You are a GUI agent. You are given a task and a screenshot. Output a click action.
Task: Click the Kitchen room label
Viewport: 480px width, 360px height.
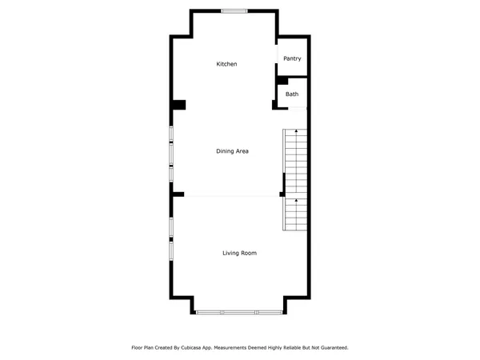226,64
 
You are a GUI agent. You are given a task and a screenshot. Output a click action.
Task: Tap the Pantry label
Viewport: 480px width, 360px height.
292,58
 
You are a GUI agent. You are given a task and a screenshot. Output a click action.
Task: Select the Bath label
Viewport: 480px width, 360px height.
292,94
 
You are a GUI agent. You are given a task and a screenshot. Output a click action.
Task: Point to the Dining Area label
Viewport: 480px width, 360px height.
232,150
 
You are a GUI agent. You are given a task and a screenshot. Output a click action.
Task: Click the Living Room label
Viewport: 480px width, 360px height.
239,253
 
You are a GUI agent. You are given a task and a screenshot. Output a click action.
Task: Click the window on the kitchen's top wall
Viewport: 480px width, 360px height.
234,10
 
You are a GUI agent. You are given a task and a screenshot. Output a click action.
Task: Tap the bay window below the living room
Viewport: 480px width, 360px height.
238,312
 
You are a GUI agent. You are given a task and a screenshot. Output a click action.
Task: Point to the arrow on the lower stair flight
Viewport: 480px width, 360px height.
296,200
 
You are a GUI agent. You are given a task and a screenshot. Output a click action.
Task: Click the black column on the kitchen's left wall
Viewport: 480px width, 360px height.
178,105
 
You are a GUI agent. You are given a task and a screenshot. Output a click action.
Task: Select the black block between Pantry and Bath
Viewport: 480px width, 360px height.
282,80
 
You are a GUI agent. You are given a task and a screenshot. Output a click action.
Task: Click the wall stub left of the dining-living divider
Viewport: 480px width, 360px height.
178,194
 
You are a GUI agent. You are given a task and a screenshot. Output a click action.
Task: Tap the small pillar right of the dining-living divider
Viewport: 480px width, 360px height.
282,194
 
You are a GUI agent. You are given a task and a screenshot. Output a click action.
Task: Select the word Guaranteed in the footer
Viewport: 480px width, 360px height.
332,348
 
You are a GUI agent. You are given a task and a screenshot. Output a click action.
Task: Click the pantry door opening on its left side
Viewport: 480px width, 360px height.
277,58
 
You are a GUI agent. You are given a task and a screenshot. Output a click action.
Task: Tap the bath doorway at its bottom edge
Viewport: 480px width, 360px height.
293,106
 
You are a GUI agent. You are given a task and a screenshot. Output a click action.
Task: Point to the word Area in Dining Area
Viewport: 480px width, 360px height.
242,150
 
